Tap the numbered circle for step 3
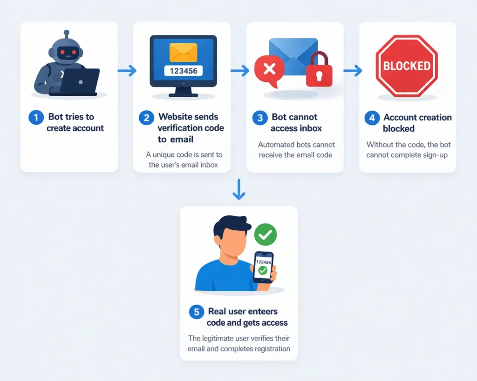click(260, 118)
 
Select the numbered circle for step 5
click(196, 312)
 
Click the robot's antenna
click(67, 34)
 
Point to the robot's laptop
click(80, 81)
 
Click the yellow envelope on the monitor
click(183, 53)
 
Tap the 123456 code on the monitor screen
click(183, 71)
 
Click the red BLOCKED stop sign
click(407, 66)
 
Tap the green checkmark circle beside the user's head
click(265, 235)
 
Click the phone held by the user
click(263, 267)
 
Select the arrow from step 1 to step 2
click(127, 71)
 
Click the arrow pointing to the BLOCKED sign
click(353, 71)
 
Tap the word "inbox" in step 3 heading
click(309, 128)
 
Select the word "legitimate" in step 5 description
click(223, 338)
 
